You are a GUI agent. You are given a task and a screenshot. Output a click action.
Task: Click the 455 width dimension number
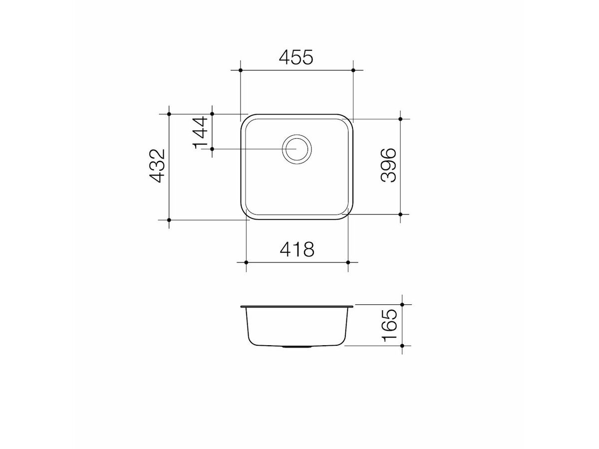pos(296,58)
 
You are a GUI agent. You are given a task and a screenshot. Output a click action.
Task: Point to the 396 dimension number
pos(388,165)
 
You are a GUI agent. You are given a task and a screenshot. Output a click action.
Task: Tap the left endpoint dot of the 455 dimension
pos(241,70)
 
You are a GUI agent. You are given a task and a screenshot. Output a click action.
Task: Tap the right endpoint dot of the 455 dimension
pos(353,70)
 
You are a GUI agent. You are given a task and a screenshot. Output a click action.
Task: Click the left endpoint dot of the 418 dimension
pos(247,262)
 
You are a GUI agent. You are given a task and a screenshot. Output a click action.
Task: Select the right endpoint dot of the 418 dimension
pos(348,262)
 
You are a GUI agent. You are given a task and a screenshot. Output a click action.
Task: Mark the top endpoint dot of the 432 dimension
pos(169,114)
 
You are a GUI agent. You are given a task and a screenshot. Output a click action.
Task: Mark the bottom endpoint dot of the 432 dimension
pos(169,220)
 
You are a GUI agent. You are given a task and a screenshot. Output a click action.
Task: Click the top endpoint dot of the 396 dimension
pos(401,119)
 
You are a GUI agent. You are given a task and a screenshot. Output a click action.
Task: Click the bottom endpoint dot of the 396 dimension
pos(401,214)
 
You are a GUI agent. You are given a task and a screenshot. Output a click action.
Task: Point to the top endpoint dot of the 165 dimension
pos(402,304)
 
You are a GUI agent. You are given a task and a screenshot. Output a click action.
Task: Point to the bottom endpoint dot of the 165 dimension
pos(402,345)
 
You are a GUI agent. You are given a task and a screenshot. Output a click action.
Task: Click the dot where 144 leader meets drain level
pos(212,149)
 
